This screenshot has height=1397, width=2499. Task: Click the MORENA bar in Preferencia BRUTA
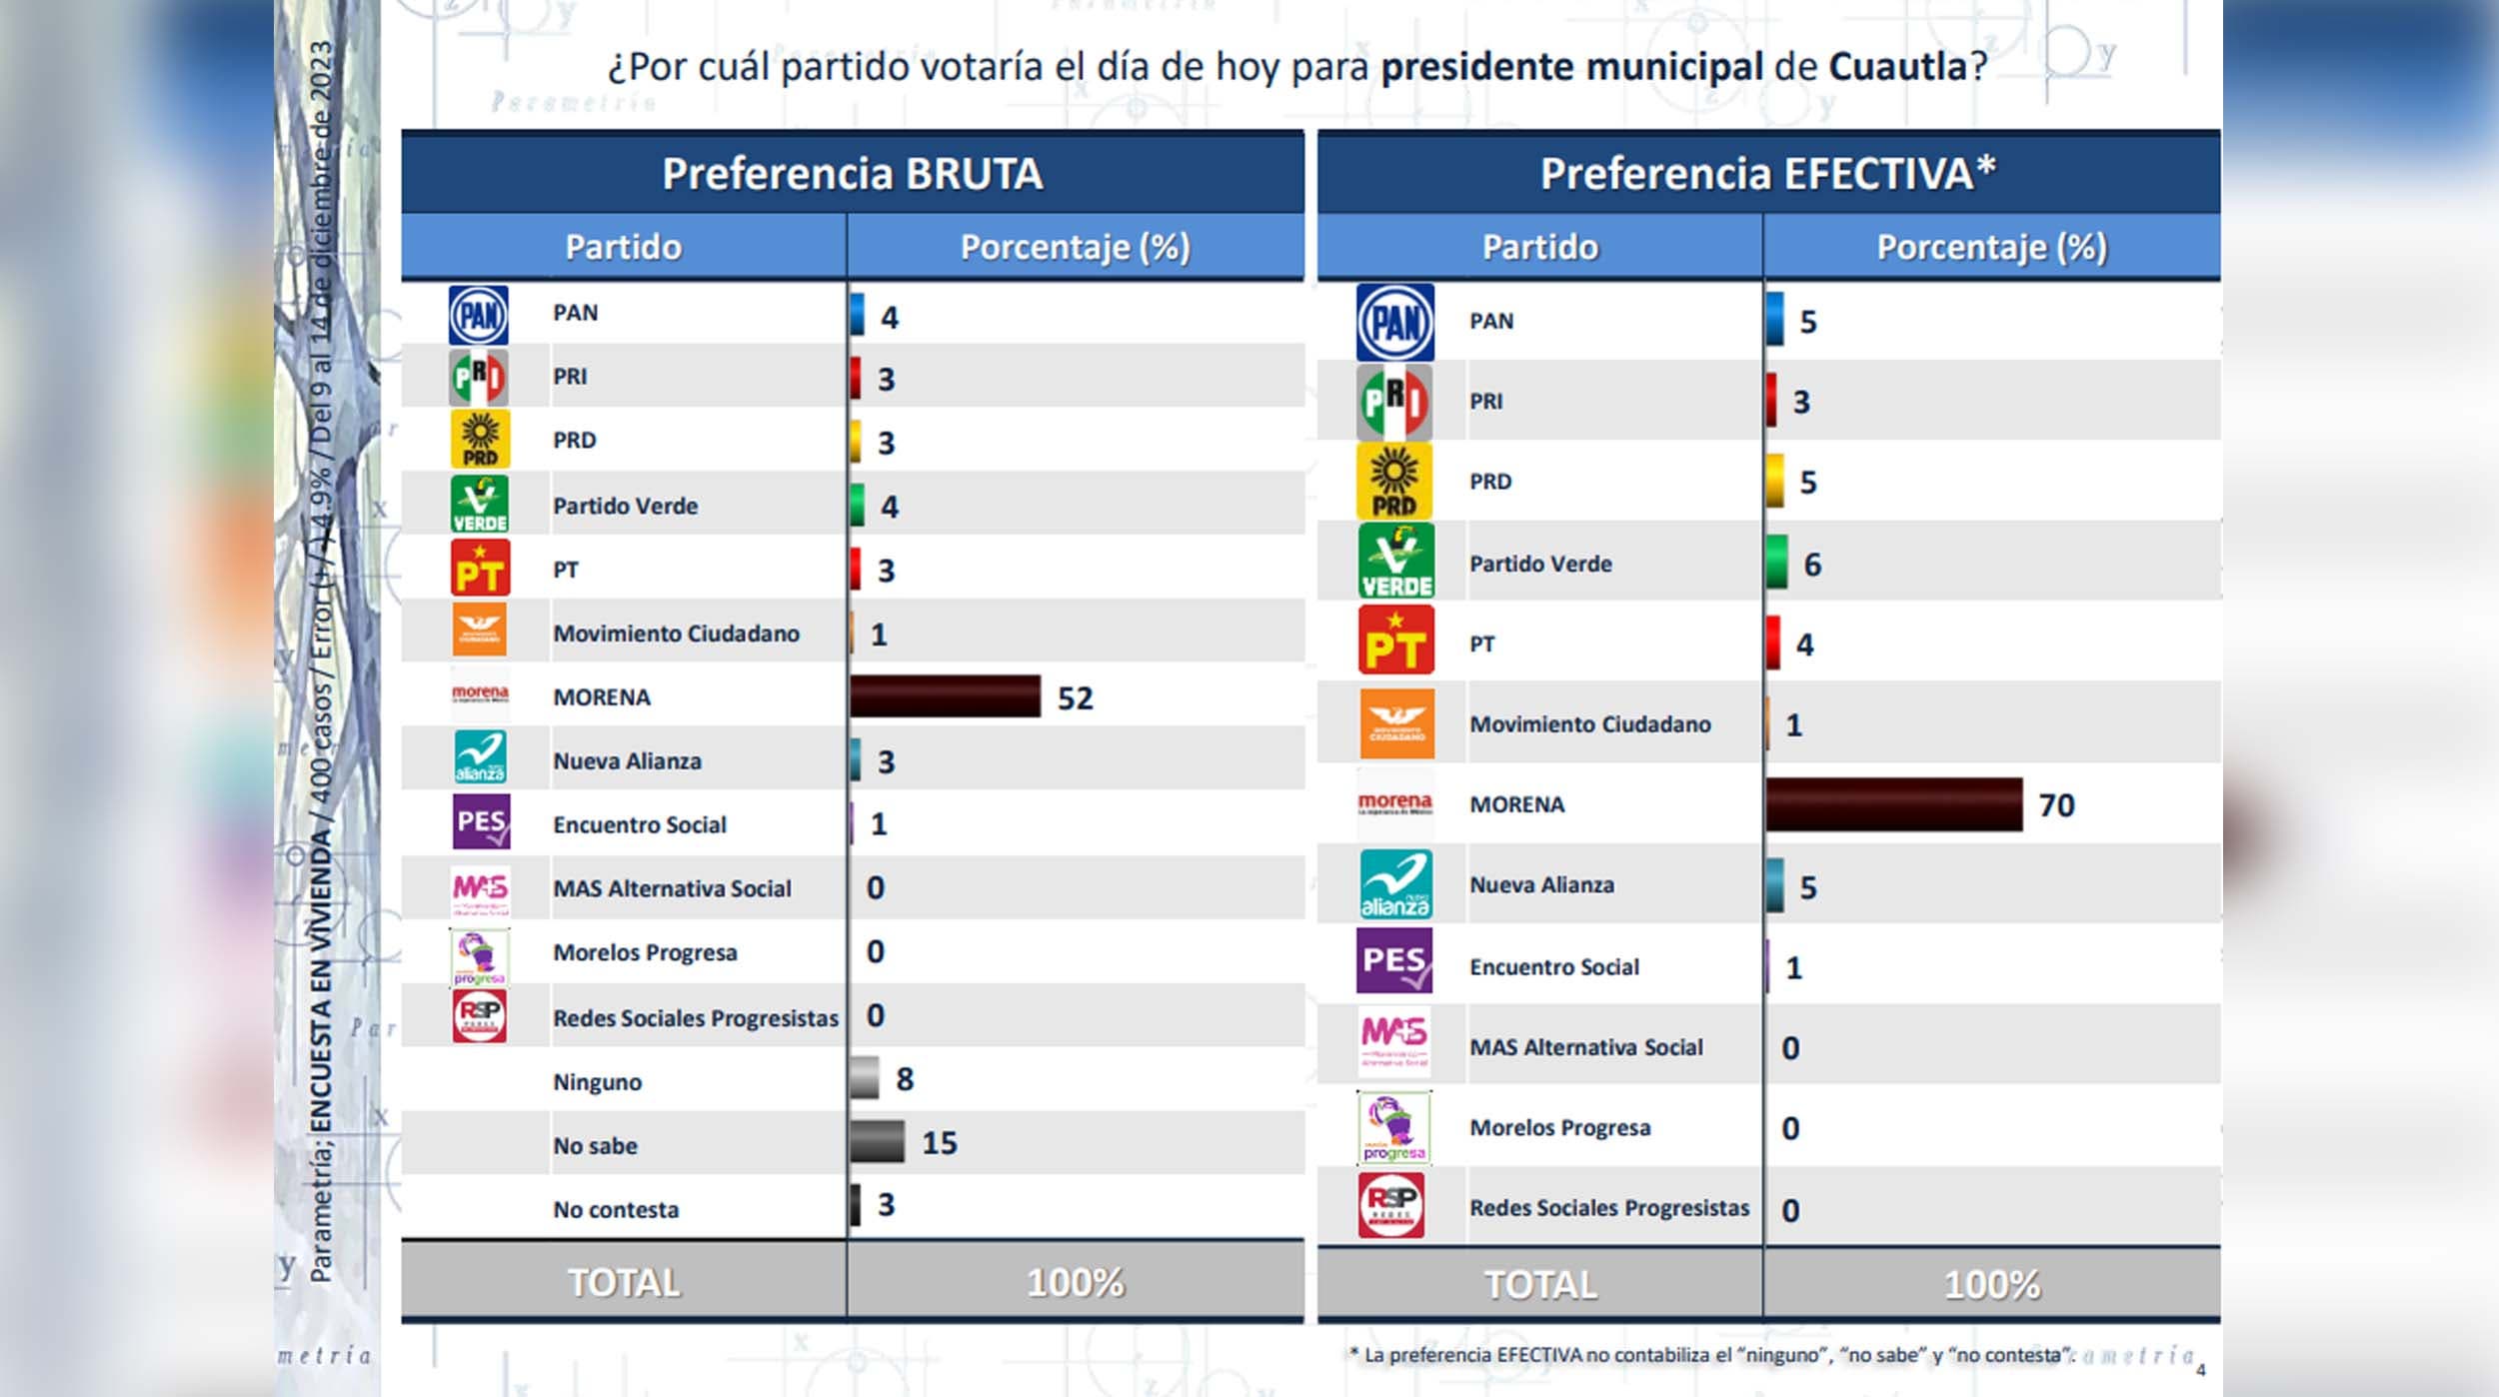click(x=945, y=697)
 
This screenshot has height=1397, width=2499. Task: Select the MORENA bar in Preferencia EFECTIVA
click(x=1893, y=804)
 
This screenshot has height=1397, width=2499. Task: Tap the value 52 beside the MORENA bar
click(x=1075, y=698)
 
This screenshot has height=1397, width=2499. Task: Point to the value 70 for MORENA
click(x=2056, y=804)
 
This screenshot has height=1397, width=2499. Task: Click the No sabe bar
click(x=877, y=1141)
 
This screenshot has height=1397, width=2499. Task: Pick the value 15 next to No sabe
click(x=939, y=1142)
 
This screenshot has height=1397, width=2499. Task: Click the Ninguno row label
click(x=597, y=1081)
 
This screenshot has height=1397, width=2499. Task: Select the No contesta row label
click(x=616, y=1209)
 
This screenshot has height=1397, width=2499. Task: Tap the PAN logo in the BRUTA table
click(x=479, y=315)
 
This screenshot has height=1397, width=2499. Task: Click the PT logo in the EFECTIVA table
click(x=1395, y=641)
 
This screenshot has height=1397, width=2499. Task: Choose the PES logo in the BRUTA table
click(x=481, y=821)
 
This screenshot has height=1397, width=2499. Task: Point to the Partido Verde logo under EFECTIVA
click(x=1395, y=561)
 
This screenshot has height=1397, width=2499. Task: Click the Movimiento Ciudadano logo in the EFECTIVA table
click(x=1395, y=723)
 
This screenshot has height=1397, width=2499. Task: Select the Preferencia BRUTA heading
click(x=852, y=173)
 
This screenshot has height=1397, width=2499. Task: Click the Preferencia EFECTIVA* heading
click(x=1767, y=173)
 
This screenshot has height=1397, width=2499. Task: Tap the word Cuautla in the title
click(x=1897, y=67)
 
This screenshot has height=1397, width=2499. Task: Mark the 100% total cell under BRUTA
click(x=1075, y=1282)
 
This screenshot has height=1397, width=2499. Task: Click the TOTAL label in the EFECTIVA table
click(x=1539, y=1284)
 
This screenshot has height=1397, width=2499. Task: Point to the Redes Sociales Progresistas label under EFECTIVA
click(x=1608, y=1207)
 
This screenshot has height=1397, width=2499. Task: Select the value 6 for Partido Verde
click(x=1811, y=565)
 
